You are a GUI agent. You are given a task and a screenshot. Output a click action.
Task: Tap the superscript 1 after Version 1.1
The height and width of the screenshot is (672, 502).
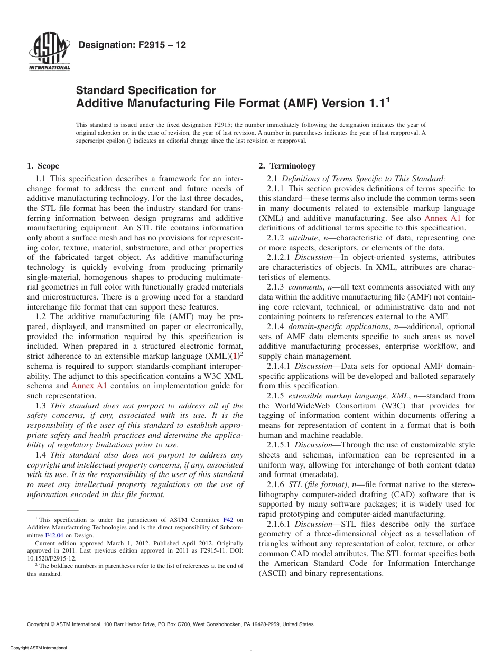click(388, 99)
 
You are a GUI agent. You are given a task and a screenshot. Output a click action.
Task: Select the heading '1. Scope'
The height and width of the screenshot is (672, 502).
click(43, 166)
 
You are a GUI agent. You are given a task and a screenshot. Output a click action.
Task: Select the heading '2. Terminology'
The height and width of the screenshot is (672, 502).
click(287, 166)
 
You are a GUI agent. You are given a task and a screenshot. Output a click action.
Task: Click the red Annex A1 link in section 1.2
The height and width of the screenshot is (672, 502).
click(89, 386)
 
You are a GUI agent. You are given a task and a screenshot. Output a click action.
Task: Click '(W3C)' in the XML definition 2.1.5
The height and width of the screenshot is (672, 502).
click(389, 406)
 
